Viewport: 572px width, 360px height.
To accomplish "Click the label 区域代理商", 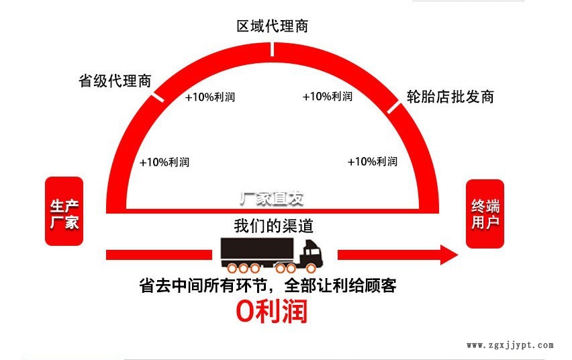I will [272, 26].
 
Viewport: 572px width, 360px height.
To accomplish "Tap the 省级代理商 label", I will [115, 81].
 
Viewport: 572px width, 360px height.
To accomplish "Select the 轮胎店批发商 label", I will [450, 96].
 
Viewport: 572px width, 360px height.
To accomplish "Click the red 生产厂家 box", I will [64, 212].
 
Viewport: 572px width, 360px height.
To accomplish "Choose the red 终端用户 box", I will [485, 214].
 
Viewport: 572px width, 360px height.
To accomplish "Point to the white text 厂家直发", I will [272, 199].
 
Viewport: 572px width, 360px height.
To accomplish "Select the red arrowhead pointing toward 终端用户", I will [447, 255].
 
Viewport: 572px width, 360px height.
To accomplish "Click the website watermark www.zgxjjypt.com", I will [510, 345].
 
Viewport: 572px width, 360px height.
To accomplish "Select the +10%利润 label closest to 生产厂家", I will [164, 162].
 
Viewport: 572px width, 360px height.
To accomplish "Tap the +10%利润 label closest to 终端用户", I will [372, 162].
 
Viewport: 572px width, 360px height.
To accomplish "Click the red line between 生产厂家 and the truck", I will [158, 255].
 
